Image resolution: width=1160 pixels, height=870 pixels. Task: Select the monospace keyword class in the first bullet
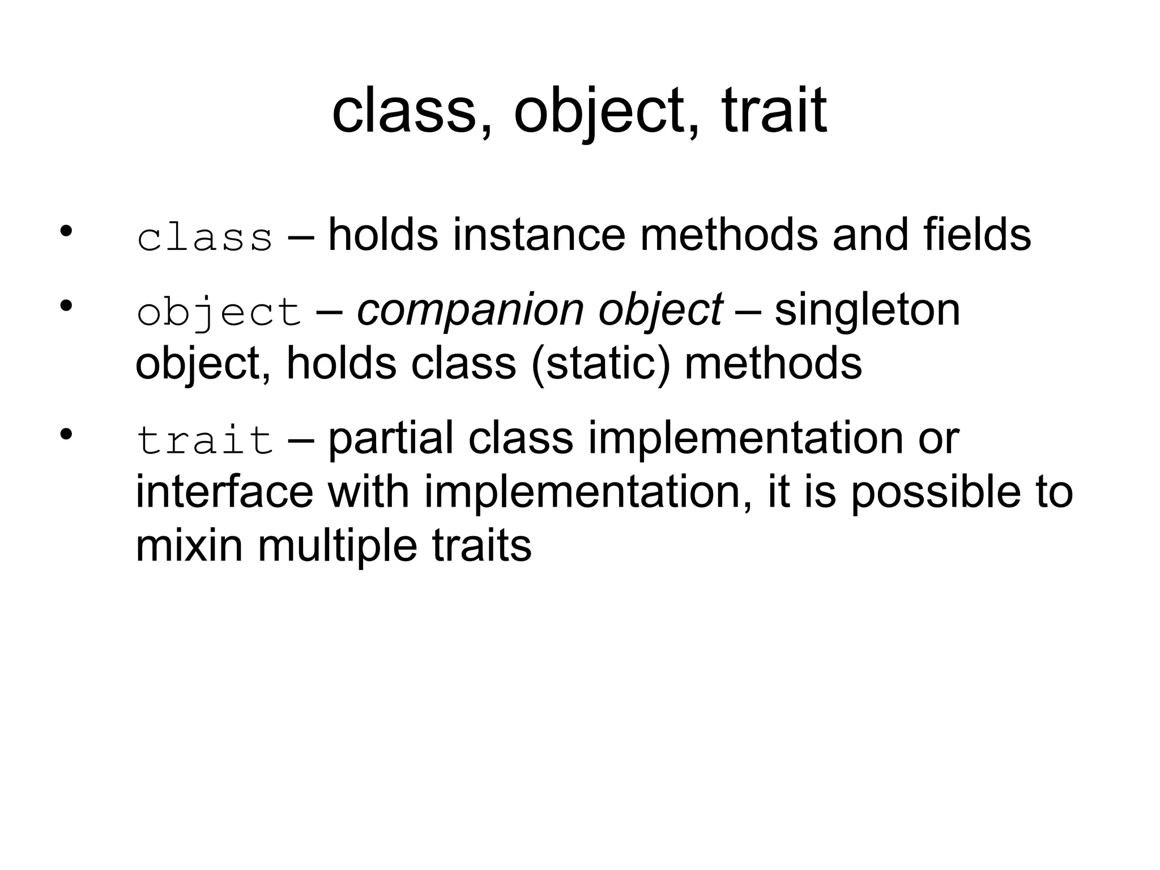tap(205, 238)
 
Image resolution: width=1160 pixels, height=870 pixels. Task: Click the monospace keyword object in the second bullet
tap(219, 313)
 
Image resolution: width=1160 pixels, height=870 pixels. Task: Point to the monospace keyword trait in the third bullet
tap(205, 441)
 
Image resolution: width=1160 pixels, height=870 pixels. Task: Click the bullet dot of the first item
tap(66, 231)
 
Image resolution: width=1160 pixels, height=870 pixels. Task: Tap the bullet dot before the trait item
tap(66, 435)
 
